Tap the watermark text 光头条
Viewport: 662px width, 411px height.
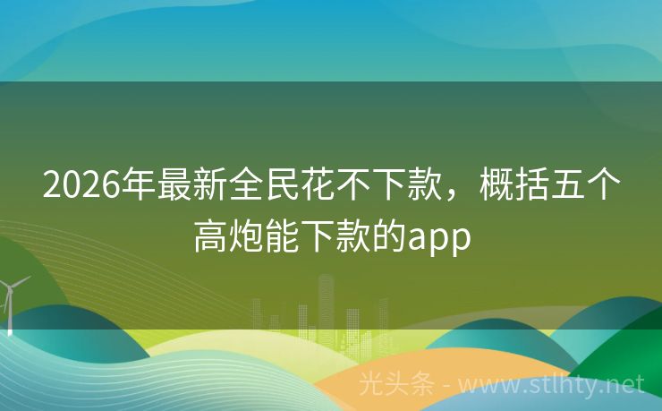coord(398,385)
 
